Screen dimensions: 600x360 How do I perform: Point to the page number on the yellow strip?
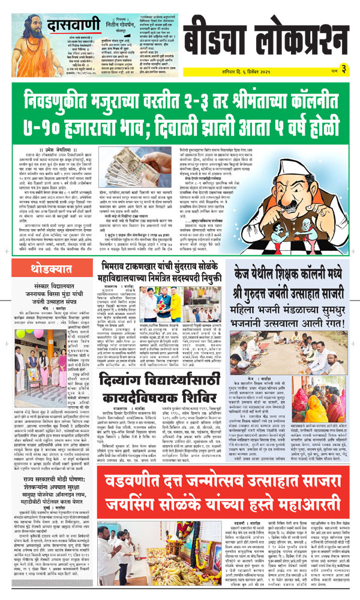[344, 68]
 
